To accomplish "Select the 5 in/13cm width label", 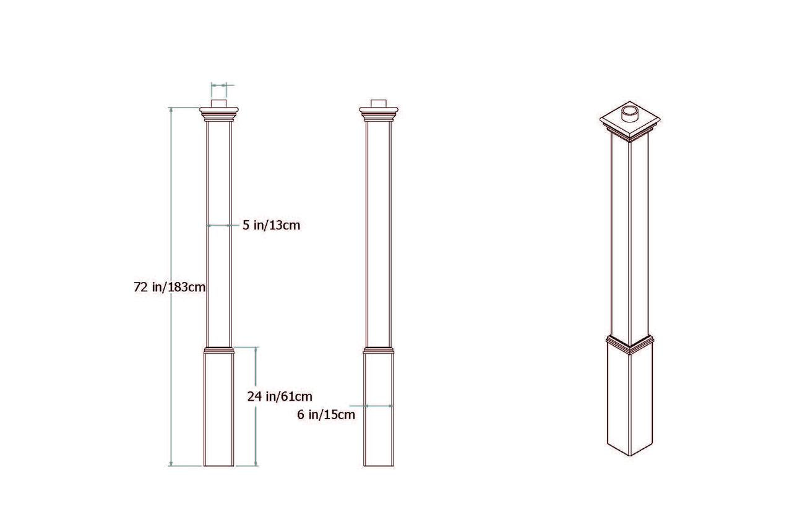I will [x=271, y=226].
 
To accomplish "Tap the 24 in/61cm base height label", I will [x=280, y=396].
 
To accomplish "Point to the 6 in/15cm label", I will [x=326, y=415].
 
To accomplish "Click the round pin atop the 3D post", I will [x=630, y=114].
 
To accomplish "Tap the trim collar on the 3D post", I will [x=630, y=344].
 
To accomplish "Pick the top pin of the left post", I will [x=219, y=103].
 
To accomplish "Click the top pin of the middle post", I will [x=379, y=103].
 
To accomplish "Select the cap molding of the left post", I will [x=219, y=114].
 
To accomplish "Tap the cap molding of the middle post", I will [x=379, y=114].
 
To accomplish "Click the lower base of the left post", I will [x=219, y=408].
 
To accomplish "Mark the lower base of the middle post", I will [x=379, y=433].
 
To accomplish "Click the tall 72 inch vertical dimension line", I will [x=171, y=186].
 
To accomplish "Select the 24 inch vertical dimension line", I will [x=256, y=433].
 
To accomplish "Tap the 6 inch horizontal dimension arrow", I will [x=379, y=406].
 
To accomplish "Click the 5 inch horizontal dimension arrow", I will [x=219, y=226].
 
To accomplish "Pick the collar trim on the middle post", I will [x=379, y=350].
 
